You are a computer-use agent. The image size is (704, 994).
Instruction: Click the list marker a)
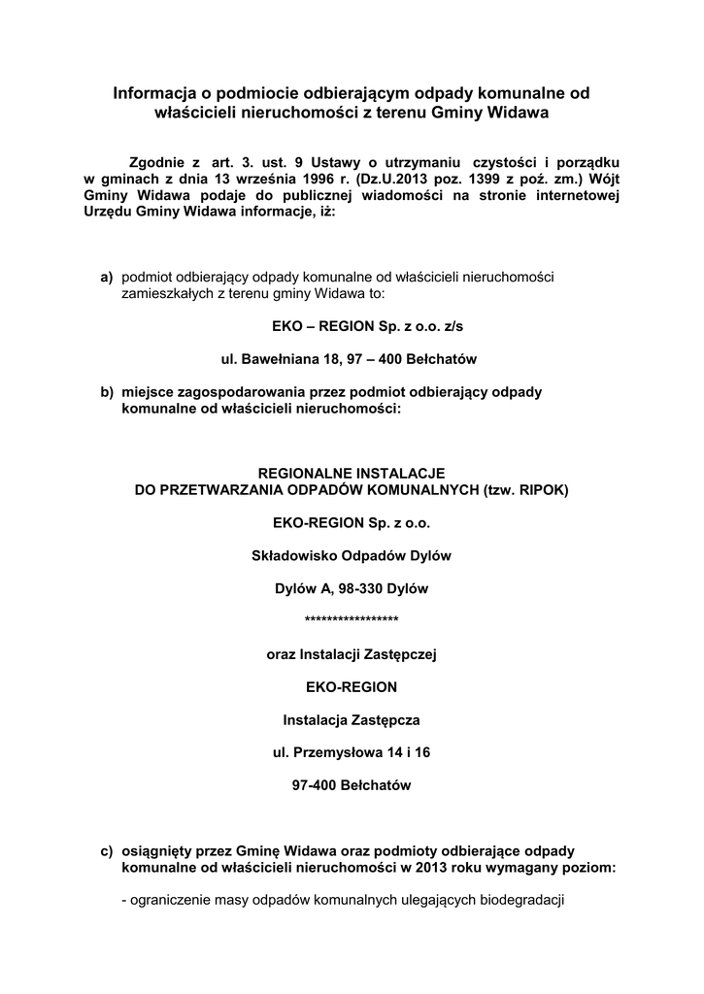point(107,278)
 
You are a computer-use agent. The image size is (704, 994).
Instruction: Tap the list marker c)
point(107,849)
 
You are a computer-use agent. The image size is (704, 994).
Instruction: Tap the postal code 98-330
point(362,588)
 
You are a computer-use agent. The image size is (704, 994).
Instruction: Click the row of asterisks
point(352,621)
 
